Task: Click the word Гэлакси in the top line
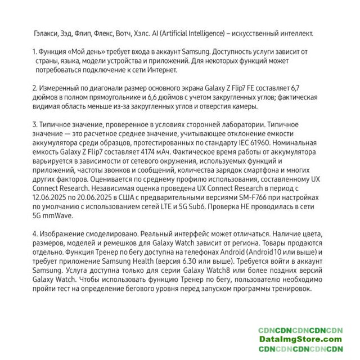[x=47, y=33]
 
